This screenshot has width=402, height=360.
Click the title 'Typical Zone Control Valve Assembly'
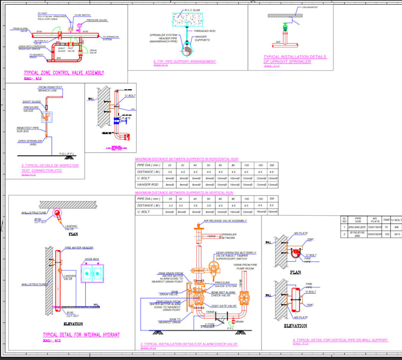tap(56, 73)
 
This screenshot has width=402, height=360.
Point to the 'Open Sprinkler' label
tap(30, 142)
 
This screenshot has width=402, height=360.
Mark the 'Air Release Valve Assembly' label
tap(225, 220)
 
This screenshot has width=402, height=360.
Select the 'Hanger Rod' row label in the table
tap(148, 185)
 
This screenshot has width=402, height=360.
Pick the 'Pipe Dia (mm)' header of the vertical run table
tap(148, 199)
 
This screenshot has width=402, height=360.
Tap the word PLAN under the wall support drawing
tap(296, 273)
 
